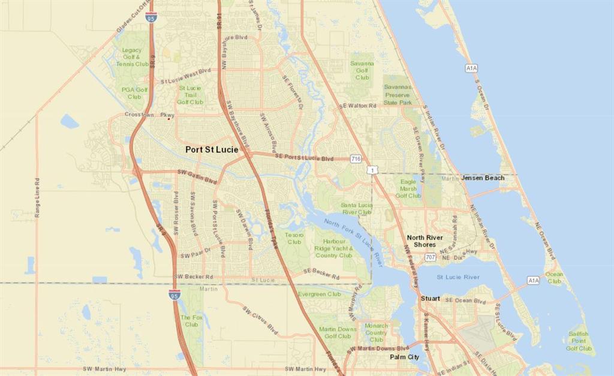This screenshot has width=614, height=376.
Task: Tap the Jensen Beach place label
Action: tap(483, 178)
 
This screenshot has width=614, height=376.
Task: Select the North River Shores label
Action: tap(425, 241)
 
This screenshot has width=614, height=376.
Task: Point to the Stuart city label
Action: tap(430, 298)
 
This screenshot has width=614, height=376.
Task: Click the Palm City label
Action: tap(404, 357)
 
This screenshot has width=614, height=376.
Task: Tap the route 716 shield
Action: tap(356, 159)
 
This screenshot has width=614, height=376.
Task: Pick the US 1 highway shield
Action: tap(374, 171)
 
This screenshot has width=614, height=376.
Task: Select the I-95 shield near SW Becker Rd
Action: tap(174, 294)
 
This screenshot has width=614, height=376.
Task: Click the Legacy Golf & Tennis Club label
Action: tap(132, 57)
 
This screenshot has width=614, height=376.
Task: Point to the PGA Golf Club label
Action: tap(134, 93)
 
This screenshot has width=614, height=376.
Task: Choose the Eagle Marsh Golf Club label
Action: tap(408, 188)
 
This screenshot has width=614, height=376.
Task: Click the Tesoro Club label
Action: tap(294, 238)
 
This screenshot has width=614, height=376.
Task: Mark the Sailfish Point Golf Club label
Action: tap(579, 341)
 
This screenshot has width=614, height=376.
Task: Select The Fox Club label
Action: tap(191, 321)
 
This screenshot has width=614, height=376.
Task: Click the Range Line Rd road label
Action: tap(37, 197)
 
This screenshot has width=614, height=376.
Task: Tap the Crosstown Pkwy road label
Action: tap(149, 115)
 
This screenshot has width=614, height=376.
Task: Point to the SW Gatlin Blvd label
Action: tap(197, 176)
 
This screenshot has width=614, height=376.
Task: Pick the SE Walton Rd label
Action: tap(357, 106)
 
